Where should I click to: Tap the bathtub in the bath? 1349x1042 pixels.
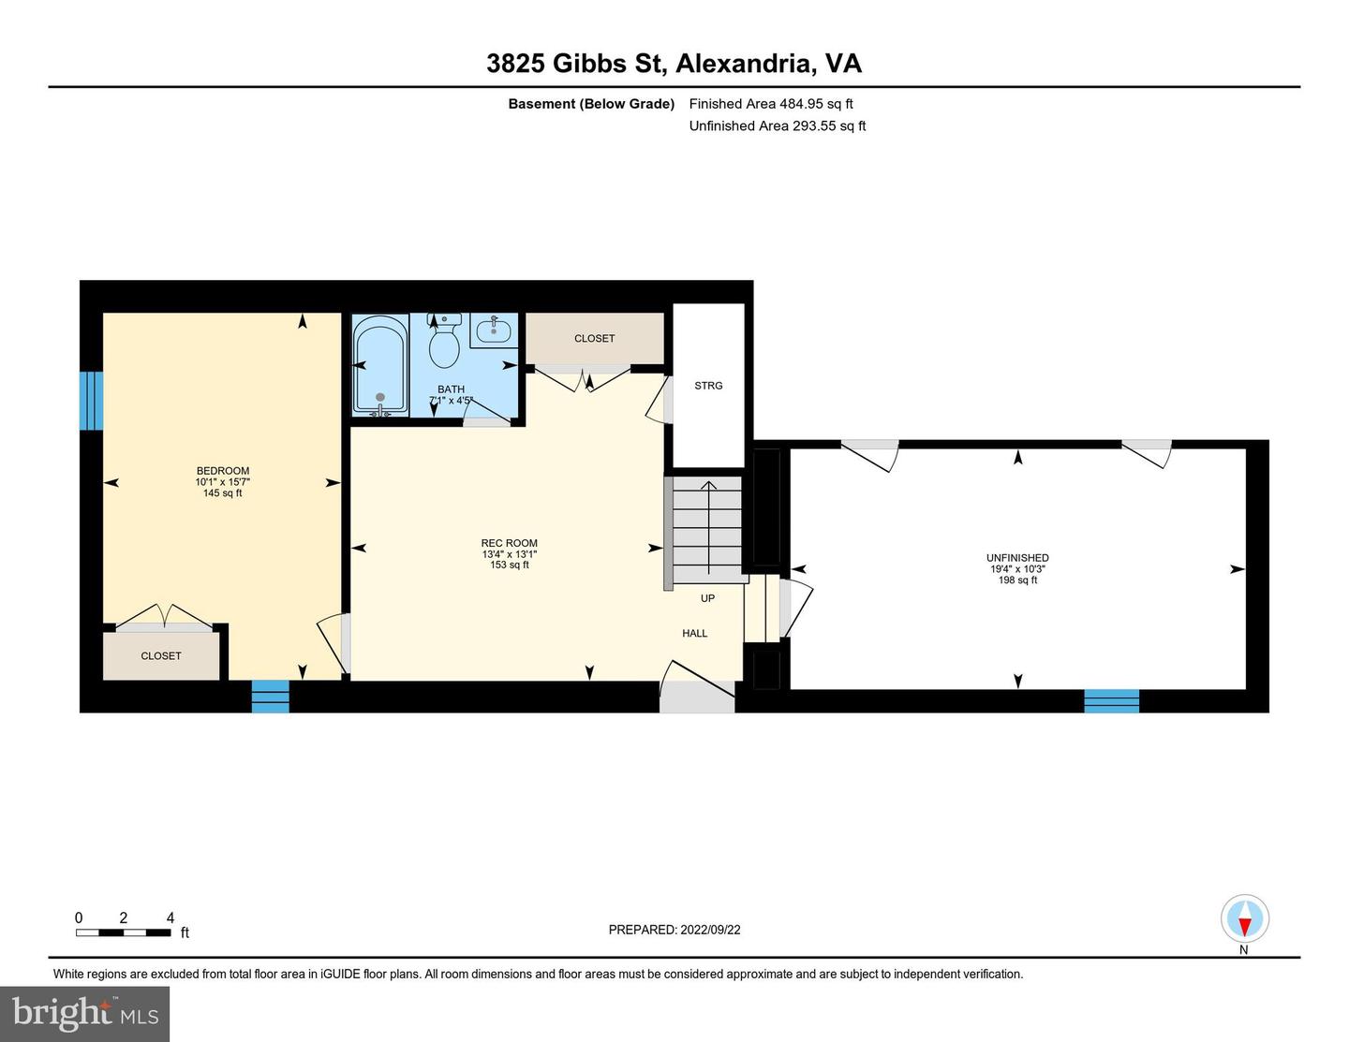(380, 365)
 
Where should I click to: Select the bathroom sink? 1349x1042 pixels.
(494, 330)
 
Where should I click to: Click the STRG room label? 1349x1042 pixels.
(708, 386)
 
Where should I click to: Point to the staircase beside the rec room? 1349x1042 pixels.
(707, 530)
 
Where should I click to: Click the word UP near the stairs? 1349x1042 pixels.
(707, 598)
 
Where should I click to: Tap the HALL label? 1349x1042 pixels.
(695, 633)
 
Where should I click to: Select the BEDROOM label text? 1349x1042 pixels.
(223, 471)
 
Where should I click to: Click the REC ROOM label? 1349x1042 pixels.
(509, 543)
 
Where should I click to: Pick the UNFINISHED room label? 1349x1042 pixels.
(1017, 558)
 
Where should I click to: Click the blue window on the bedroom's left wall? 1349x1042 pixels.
(91, 401)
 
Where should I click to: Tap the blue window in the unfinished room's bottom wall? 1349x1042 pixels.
(1111, 701)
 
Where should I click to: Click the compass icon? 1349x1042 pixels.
(1245, 919)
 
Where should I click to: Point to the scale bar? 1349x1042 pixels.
(124, 932)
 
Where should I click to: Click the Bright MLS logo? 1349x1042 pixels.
(84, 1014)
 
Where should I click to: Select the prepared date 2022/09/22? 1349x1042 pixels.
(710, 930)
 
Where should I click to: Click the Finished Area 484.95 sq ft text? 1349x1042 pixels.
(771, 104)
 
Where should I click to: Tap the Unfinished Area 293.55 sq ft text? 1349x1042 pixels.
(778, 125)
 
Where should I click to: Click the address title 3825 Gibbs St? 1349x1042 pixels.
(576, 64)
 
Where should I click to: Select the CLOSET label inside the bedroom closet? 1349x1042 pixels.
(161, 655)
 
